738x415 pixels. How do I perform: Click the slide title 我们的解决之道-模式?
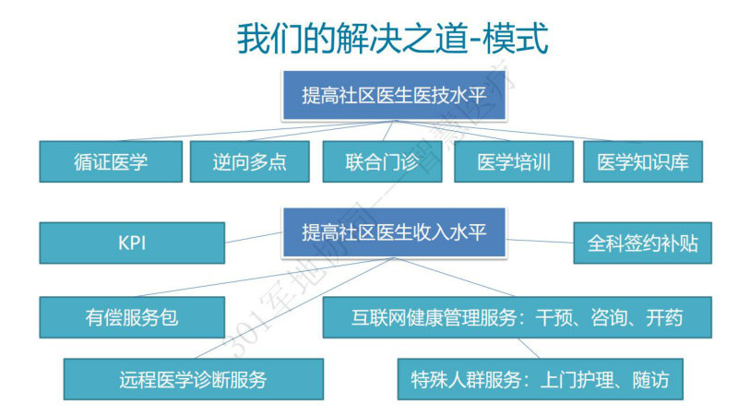(393, 39)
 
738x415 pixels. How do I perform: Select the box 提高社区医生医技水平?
(394, 96)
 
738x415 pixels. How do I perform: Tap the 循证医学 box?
(111, 162)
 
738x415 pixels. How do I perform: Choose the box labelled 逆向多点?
(249, 162)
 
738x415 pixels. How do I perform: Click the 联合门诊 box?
(382, 162)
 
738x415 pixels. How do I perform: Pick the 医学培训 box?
(514, 162)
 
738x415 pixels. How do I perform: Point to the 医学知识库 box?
(643, 162)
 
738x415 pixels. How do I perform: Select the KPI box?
(132, 243)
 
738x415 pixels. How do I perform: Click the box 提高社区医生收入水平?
(394, 232)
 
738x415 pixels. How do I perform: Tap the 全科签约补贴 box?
(642, 243)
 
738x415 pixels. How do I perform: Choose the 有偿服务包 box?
(132, 317)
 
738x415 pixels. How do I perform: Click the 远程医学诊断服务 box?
(194, 379)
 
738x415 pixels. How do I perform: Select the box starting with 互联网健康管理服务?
(518, 317)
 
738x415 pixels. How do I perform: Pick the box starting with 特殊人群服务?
(541, 379)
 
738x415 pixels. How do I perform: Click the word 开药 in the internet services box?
(664, 317)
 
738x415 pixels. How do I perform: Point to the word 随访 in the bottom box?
(650, 380)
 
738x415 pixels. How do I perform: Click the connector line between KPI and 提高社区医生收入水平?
(254, 237)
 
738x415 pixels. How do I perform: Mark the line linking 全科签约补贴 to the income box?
(540, 241)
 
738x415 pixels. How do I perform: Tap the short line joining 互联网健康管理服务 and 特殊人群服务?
(529, 349)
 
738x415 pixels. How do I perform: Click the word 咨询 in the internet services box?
(610, 317)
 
